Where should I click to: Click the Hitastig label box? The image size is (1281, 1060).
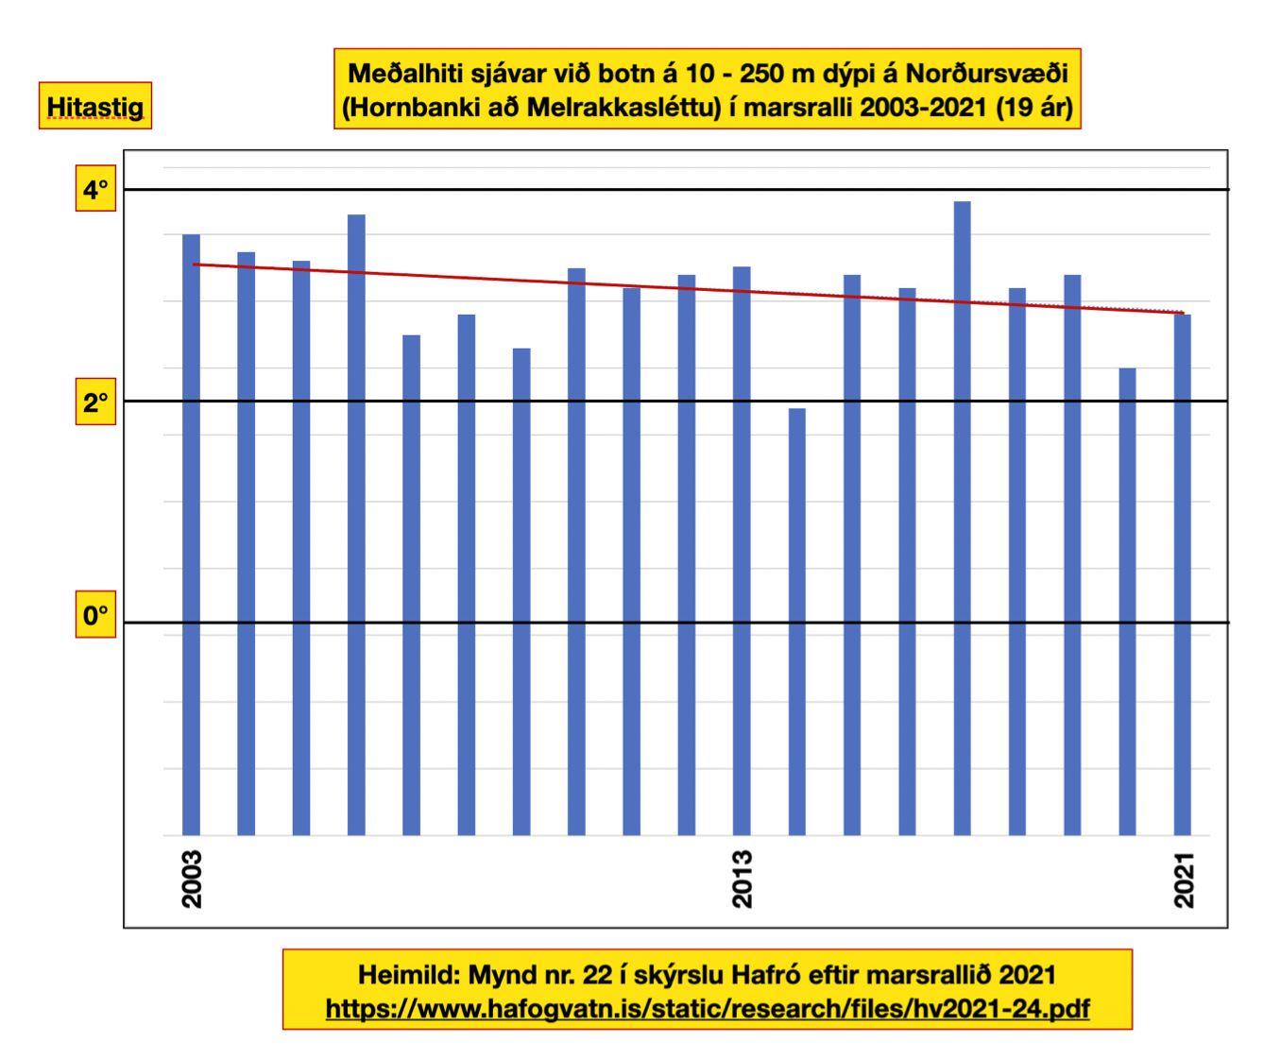(95, 106)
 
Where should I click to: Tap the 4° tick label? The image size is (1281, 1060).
(95, 190)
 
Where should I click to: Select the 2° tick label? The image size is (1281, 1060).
(95, 403)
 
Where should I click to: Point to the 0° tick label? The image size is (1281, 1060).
(95, 616)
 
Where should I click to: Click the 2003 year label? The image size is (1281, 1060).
(192, 879)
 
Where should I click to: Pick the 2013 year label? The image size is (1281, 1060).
(743, 879)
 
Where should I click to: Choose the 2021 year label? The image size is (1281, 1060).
(1184, 880)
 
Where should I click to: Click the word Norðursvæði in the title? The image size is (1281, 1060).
(986, 74)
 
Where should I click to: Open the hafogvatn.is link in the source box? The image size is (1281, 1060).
(707, 1009)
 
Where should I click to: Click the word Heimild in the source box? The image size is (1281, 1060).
(407, 975)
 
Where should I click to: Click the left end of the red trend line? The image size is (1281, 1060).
(195, 265)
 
